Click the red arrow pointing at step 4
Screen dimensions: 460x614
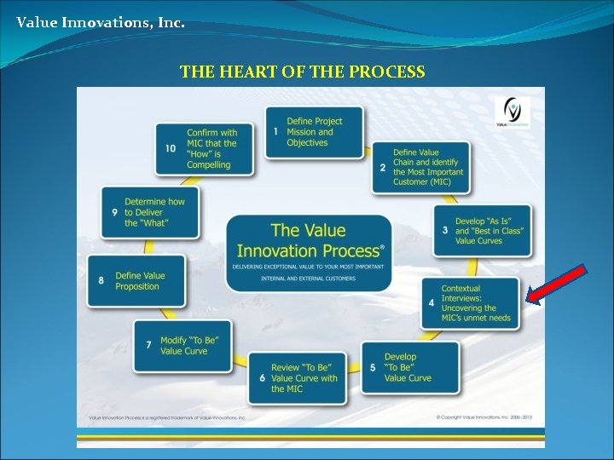(x=555, y=284)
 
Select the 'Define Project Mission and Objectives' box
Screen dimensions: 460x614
(x=314, y=132)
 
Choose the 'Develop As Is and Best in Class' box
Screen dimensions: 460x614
(x=482, y=230)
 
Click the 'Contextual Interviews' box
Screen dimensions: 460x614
(x=470, y=303)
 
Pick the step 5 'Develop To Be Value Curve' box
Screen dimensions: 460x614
(x=409, y=367)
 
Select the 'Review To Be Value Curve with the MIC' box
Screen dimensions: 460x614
(x=298, y=378)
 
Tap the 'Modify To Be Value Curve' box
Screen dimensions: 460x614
(x=182, y=345)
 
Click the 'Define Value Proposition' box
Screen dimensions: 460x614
(x=136, y=281)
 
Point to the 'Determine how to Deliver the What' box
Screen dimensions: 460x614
(x=149, y=212)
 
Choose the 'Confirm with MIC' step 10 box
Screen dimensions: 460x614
(x=205, y=149)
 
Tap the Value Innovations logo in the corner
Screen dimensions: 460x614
(x=513, y=112)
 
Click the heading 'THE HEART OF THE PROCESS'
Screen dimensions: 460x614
(x=302, y=72)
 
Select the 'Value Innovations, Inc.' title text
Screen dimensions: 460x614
(x=100, y=23)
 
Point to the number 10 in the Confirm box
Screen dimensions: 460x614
(x=171, y=149)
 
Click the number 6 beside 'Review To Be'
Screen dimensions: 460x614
(x=262, y=378)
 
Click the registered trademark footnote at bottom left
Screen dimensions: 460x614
(x=167, y=417)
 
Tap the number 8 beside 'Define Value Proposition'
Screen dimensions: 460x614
(x=101, y=281)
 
